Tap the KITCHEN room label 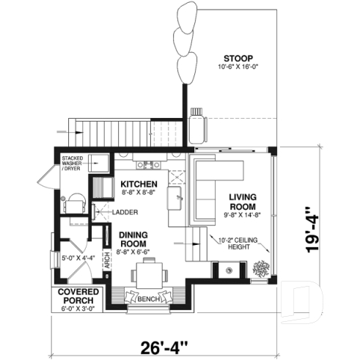138,183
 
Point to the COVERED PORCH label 74,300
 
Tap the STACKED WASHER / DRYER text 73,162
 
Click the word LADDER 122,213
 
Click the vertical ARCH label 107,262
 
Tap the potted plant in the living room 260,268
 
